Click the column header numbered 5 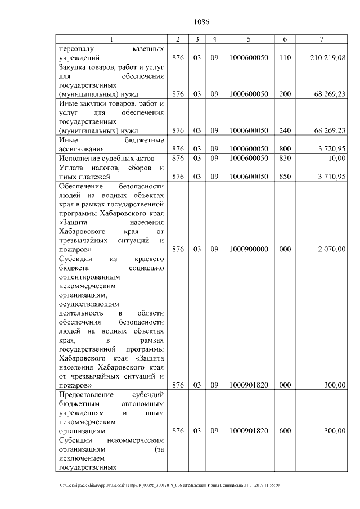pyautogui.click(x=248, y=39)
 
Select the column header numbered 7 pyautogui.click(x=321, y=39)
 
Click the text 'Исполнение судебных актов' pyautogui.click(x=105, y=158)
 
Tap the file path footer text pyautogui.click(x=169, y=484)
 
